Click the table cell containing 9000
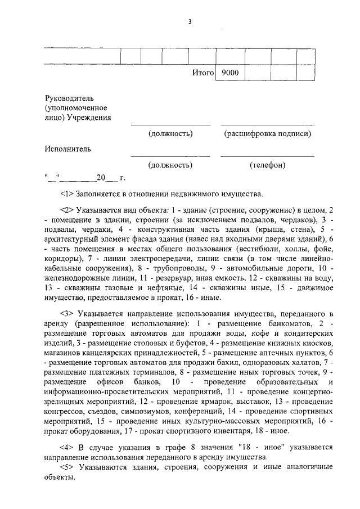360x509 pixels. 230,73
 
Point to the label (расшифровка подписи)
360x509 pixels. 267,134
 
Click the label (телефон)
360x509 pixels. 267,165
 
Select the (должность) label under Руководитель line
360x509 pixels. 170,134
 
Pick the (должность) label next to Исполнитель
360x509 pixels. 170,165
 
